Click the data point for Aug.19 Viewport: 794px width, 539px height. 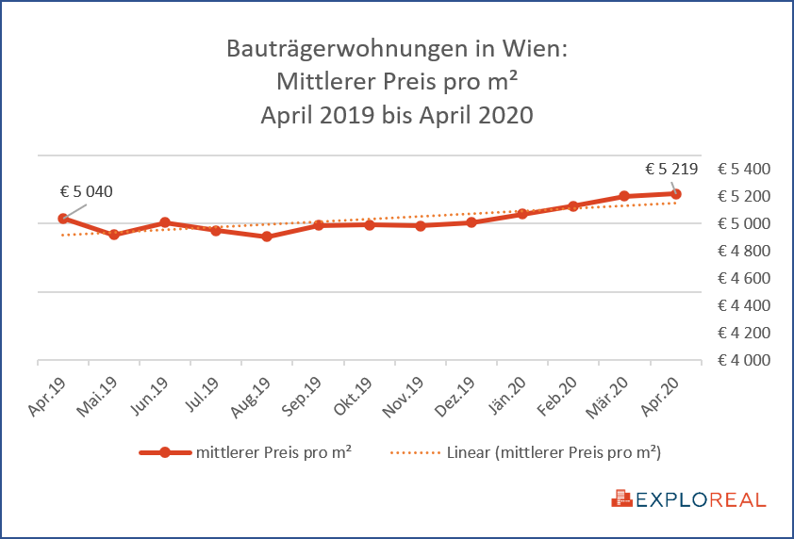click(x=267, y=237)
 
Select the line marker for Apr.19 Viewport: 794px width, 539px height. click(x=63, y=219)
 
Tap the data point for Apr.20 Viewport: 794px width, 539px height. click(x=675, y=194)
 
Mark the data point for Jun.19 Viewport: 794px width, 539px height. click(x=165, y=223)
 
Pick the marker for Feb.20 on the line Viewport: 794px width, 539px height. click(x=572, y=205)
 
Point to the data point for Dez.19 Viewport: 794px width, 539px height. click(x=471, y=222)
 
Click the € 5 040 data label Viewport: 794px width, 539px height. click(x=86, y=191)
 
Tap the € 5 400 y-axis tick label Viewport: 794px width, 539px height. click(x=744, y=170)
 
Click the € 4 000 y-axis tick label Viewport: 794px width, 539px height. click(x=744, y=361)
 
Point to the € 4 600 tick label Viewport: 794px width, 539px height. click(x=744, y=279)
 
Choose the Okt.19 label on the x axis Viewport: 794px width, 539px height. click(x=355, y=396)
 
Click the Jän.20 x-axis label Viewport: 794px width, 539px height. click(x=508, y=396)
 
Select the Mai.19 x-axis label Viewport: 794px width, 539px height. click(x=99, y=396)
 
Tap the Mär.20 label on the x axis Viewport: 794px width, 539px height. click(x=610, y=396)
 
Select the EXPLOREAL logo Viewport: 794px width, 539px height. click(x=689, y=499)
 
